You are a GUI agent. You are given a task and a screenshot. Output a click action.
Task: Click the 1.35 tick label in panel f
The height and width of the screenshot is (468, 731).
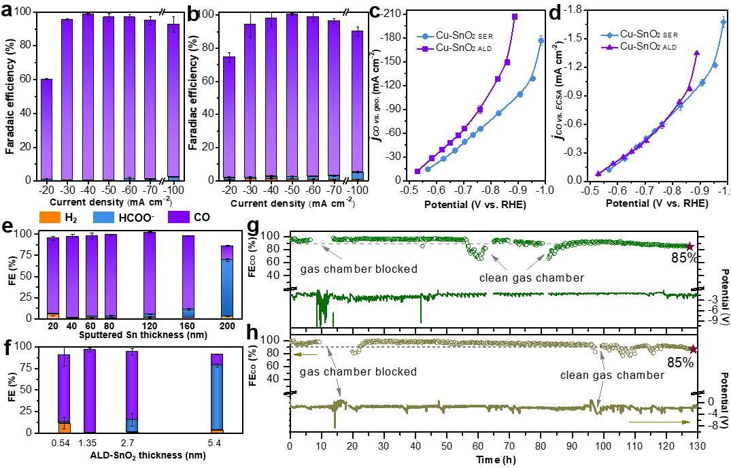(89, 442)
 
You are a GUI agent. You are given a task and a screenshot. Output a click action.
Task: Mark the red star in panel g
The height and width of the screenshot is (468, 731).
(690, 247)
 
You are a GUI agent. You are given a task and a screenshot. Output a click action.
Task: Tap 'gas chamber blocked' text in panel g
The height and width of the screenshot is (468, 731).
(358, 269)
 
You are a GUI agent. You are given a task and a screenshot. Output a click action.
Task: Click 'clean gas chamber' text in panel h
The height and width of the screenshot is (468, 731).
(612, 375)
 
